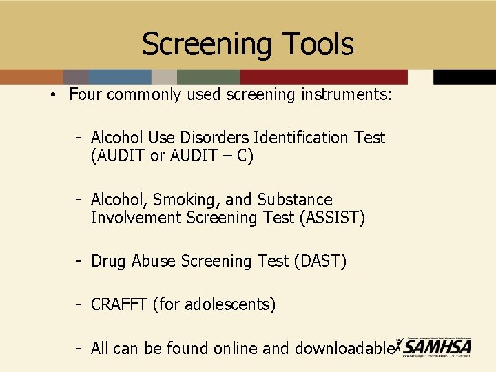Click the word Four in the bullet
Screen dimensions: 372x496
click(x=85, y=94)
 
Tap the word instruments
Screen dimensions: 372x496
click(x=346, y=94)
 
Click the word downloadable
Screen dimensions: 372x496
click(x=344, y=349)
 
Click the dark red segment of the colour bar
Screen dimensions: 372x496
click(x=324, y=76)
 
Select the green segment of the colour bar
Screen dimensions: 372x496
click(x=208, y=76)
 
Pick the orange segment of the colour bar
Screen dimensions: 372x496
click(x=31, y=76)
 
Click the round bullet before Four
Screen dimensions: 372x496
click(x=52, y=95)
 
